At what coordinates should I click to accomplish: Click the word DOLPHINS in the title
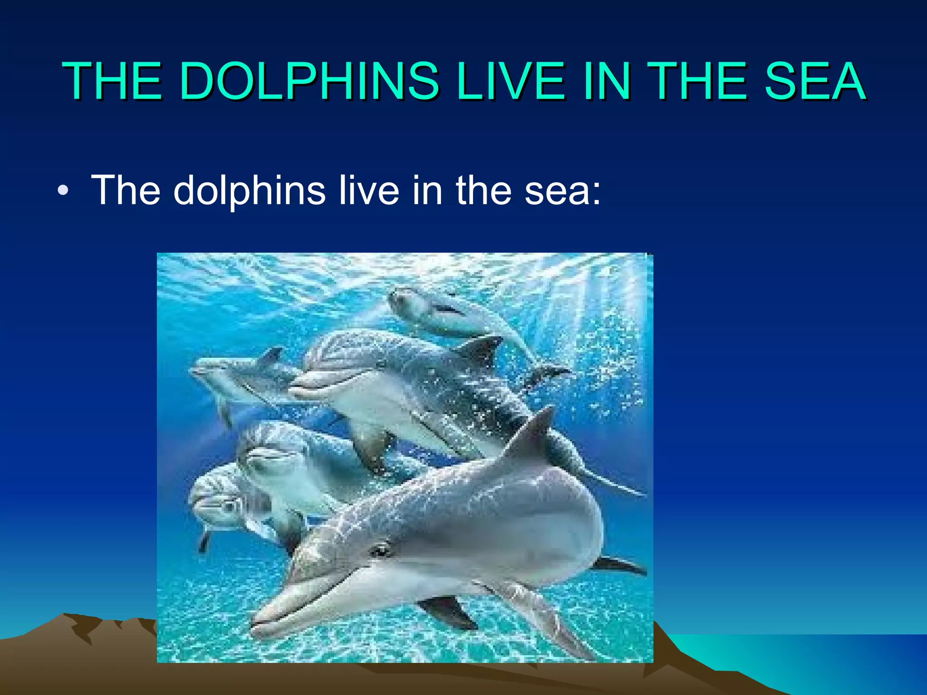[309, 81]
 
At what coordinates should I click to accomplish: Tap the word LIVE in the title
[511, 81]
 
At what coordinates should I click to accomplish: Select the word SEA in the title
[815, 81]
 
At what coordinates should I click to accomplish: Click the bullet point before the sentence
[63, 191]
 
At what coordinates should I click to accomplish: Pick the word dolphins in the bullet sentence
[249, 190]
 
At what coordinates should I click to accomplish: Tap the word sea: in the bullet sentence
[563, 190]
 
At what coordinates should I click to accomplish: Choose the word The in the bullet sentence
[126, 190]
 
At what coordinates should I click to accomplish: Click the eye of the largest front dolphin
[380, 550]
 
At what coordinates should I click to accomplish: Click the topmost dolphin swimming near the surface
[444, 312]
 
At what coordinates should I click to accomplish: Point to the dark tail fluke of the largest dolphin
[620, 566]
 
